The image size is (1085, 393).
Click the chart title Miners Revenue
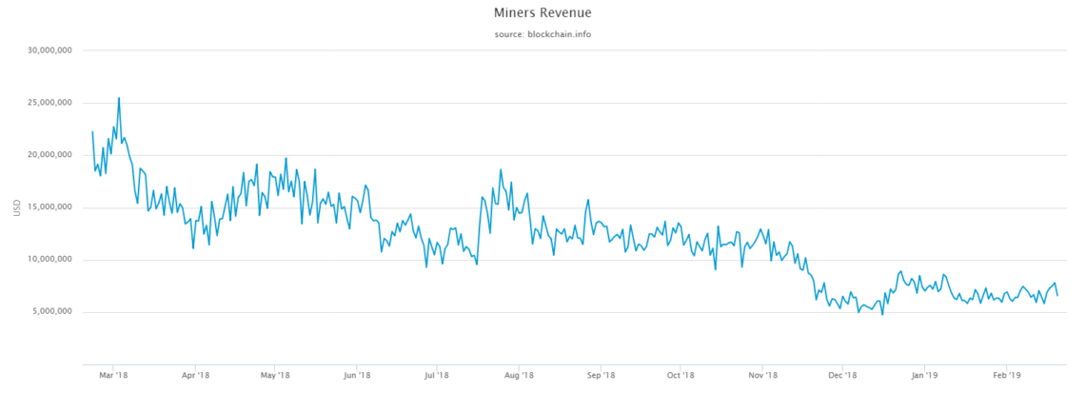[542, 13]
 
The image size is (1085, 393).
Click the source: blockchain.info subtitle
[542, 34]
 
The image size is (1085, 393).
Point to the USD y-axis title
[16, 206]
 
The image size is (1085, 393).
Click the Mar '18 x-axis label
[113, 375]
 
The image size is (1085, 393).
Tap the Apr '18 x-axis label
[195, 375]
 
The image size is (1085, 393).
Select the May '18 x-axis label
[274, 375]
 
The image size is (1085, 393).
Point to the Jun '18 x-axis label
[356, 375]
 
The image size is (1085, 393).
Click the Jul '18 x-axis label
[435, 375]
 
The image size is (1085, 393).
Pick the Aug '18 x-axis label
[517, 375]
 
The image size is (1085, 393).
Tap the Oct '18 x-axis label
[679, 375]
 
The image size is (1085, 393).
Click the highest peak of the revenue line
[119, 98]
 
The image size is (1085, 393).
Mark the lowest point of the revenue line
[882, 314]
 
